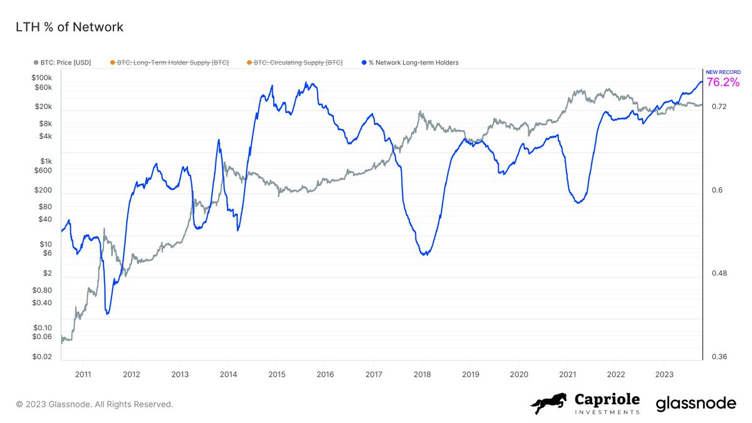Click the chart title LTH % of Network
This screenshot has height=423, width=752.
point(69,27)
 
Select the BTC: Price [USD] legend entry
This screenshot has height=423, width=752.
point(65,63)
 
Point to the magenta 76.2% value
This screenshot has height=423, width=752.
point(723,82)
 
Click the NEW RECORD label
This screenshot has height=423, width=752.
point(723,72)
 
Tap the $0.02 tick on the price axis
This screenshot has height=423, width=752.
point(41,357)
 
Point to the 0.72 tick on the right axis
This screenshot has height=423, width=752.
point(719,107)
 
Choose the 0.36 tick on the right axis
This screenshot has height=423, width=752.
point(719,357)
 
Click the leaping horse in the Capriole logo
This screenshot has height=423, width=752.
point(549,404)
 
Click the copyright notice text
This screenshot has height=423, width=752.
point(94,404)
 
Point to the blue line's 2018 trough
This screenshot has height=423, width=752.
point(426,254)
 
